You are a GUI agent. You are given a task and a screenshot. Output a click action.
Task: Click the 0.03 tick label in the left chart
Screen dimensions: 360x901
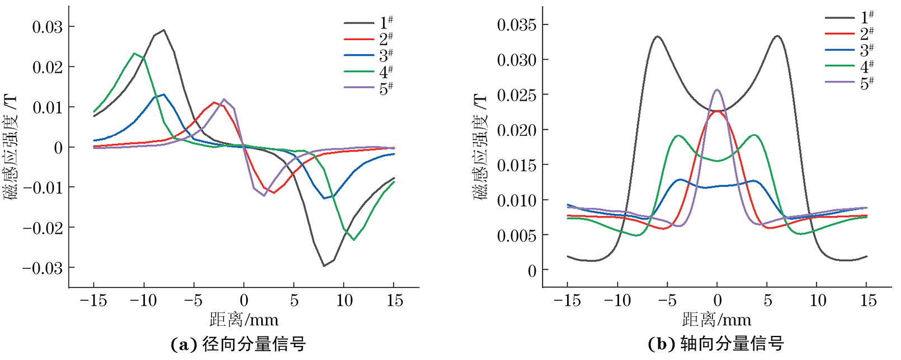47,27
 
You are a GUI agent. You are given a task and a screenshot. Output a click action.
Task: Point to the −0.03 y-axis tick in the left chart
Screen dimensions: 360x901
43,268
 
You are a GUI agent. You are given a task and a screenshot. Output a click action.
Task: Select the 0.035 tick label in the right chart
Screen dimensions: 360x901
516,25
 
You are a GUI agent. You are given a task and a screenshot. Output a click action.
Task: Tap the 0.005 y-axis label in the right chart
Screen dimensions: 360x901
516,235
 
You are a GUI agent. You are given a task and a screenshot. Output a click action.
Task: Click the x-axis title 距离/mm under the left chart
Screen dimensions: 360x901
244,320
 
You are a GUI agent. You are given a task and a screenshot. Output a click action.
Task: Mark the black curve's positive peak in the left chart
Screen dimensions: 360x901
163,30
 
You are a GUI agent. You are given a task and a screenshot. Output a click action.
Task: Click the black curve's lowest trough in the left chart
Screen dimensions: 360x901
324,266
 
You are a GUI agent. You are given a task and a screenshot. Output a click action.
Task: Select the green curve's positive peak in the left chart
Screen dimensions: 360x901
134,54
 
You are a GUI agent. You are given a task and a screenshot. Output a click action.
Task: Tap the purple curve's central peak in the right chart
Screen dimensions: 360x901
717,89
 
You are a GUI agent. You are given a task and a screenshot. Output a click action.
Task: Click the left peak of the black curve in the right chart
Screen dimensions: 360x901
658,37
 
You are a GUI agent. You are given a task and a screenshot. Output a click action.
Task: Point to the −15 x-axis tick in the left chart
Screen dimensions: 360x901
93,301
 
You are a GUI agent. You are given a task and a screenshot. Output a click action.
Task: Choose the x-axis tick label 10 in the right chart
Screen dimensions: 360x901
818,301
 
